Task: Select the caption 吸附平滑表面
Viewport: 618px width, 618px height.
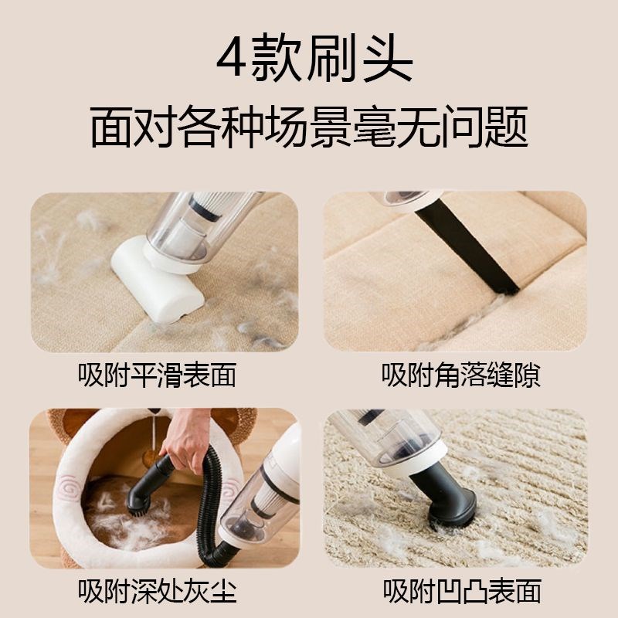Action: click(158, 376)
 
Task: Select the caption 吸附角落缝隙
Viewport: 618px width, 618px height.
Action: click(460, 376)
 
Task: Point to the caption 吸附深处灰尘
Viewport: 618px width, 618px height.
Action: click(158, 592)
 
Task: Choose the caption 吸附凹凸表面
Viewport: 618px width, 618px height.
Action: click(460, 592)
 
